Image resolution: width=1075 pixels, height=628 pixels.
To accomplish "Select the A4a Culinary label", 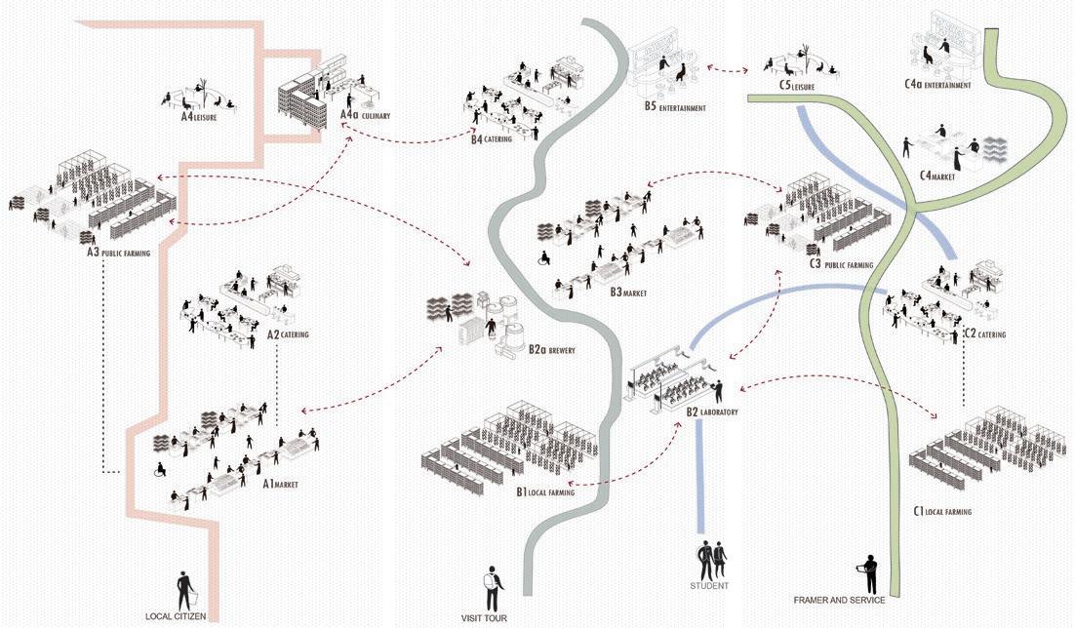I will (364, 115).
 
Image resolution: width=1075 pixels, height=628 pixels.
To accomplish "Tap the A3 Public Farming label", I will (118, 254).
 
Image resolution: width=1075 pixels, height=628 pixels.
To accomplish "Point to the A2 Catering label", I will (288, 334).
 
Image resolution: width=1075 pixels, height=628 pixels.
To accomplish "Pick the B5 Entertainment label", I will (674, 107).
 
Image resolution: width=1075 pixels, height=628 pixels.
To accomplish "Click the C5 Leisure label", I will (796, 86).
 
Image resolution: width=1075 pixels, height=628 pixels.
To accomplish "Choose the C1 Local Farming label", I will (941, 510).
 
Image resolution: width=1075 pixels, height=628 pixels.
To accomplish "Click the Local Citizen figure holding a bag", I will (185, 592).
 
